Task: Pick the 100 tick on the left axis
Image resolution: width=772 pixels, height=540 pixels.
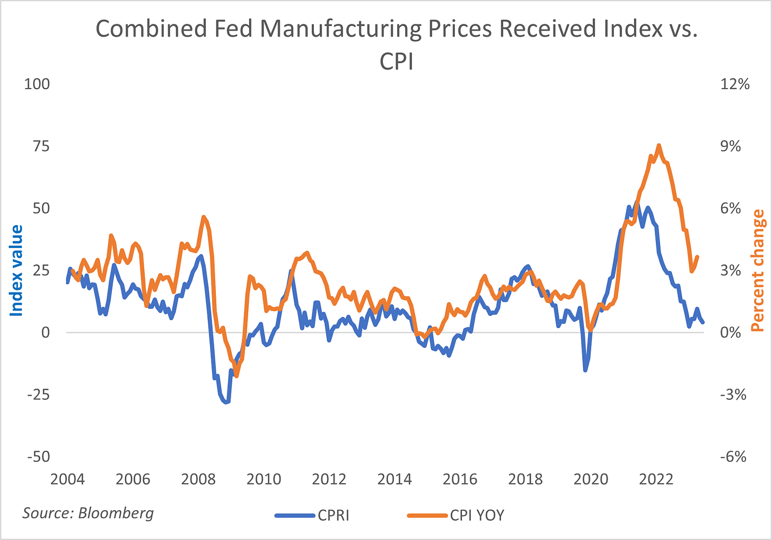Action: click(x=37, y=84)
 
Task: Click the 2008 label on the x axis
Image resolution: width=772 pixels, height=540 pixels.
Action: click(x=198, y=479)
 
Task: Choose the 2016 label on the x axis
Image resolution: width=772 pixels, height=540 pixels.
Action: click(x=460, y=479)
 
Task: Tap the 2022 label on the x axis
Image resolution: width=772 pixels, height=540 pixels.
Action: click(x=656, y=479)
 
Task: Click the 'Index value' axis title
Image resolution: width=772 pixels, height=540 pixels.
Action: click(x=16, y=270)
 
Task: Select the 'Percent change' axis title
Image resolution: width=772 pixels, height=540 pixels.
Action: click(x=759, y=270)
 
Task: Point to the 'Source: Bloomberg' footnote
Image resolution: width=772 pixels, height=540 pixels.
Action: click(x=88, y=513)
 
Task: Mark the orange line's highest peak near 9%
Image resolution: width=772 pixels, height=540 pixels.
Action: click(x=659, y=145)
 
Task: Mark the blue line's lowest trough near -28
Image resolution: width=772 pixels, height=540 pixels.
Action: click(x=226, y=402)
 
